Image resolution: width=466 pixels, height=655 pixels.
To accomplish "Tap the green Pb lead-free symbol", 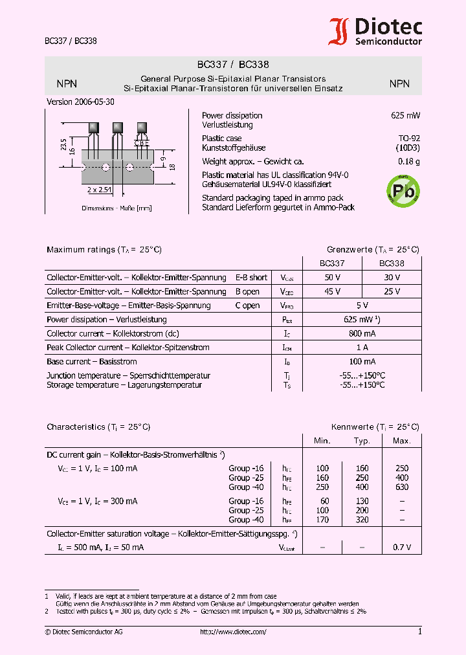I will [x=403, y=190].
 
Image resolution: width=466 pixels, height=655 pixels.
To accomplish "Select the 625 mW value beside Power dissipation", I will [x=405, y=116].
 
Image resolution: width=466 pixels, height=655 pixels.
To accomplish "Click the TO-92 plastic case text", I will [x=408, y=138].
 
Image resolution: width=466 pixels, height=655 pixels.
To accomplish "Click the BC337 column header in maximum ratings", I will [x=332, y=263].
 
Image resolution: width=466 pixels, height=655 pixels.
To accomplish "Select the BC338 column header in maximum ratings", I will [x=392, y=263].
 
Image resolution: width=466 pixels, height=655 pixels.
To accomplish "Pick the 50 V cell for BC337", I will [x=332, y=278].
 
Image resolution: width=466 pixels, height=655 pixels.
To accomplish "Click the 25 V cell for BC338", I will [x=392, y=291].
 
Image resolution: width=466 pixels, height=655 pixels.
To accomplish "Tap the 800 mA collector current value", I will [x=362, y=333].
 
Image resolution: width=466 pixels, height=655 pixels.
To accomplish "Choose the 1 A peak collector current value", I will [x=362, y=348].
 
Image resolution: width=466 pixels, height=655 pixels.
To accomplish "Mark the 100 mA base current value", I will [x=362, y=362].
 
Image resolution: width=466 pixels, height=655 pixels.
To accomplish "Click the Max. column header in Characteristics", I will [x=401, y=441].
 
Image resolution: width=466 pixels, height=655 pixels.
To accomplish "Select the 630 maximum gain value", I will [x=401, y=487].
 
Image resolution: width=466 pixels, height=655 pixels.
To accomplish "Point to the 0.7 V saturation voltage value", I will [x=401, y=548].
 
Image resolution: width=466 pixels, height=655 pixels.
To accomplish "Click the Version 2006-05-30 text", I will [x=80, y=102].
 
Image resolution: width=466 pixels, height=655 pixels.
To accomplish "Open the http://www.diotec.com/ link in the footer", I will [x=233, y=632].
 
